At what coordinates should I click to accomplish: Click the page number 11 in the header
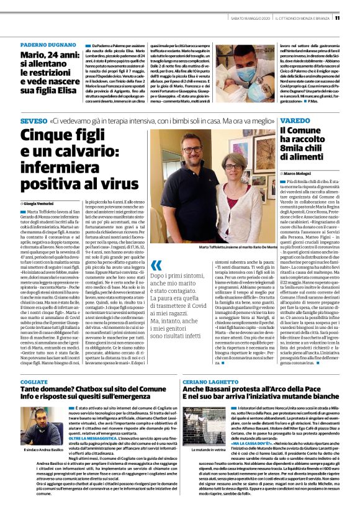click(x=354, y=18)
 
